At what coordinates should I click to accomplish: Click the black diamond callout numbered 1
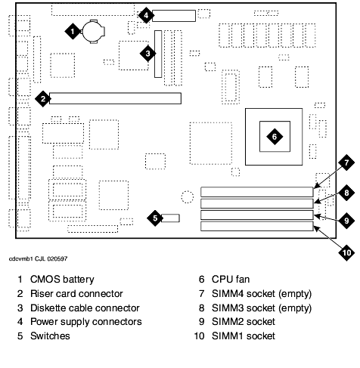click(73, 32)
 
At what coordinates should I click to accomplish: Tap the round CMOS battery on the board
click(93, 32)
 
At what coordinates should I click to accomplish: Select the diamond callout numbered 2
click(43, 99)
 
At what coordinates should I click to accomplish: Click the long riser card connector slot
click(115, 98)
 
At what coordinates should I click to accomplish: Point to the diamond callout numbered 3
click(147, 54)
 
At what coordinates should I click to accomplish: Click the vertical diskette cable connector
click(158, 54)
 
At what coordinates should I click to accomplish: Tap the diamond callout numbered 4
click(146, 15)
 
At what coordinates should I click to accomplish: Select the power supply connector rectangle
click(174, 16)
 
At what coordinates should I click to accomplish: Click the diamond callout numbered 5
click(155, 218)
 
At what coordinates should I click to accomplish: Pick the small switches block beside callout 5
click(170, 218)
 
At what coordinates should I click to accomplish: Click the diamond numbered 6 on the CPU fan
click(275, 137)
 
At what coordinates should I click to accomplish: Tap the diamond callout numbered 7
click(346, 162)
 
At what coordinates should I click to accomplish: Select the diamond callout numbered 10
click(346, 252)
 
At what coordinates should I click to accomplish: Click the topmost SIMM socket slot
click(257, 192)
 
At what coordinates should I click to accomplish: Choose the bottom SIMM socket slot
click(257, 226)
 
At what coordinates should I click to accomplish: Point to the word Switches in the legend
click(50, 336)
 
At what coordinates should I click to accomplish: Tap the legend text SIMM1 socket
click(244, 336)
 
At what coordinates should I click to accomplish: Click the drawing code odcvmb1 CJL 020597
click(39, 258)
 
